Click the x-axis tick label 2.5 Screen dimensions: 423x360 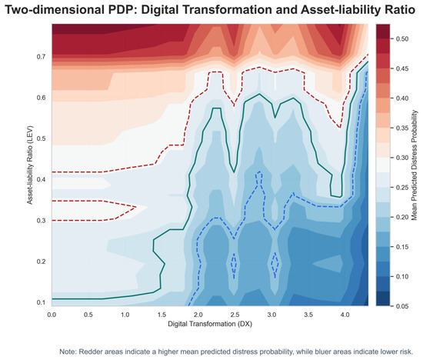click(x=235, y=315)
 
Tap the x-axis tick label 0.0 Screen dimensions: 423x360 click(x=52, y=315)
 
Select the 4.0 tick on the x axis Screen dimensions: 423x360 click(x=345, y=315)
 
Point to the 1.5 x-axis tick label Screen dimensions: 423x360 click(x=162, y=315)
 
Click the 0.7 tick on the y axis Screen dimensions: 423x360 click(x=41, y=57)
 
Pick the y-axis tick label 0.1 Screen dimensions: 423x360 click(x=41, y=302)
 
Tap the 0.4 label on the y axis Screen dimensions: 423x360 click(x=41, y=179)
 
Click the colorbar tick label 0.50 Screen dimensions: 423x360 click(x=402, y=39)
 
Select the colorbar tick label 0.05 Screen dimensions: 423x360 click(x=402, y=306)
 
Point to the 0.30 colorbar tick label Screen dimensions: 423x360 click(x=402, y=158)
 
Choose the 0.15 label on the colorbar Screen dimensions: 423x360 click(x=402, y=247)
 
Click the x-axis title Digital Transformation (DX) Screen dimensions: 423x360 click(x=210, y=324)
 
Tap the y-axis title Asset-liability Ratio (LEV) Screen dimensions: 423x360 click(x=30, y=165)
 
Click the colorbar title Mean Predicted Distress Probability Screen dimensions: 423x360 click(x=415, y=165)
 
